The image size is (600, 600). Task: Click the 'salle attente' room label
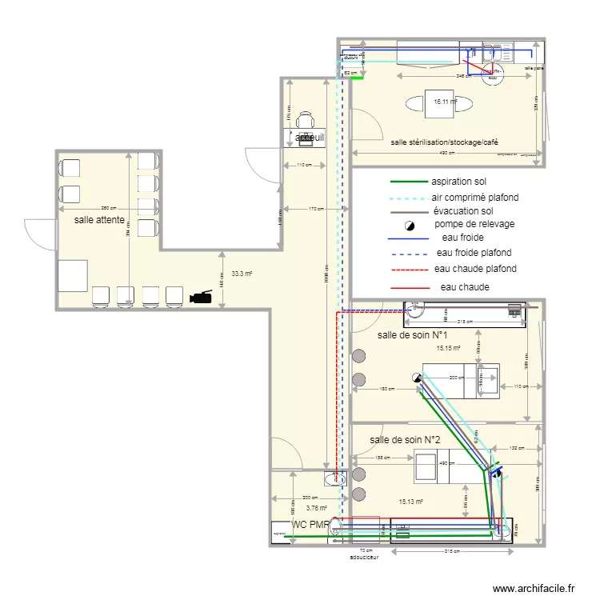(x=99, y=219)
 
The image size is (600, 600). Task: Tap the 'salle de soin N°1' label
(x=413, y=335)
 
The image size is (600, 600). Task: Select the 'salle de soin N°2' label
(x=406, y=440)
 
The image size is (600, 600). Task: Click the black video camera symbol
(x=202, y=297)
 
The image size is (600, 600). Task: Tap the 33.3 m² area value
(x=242, y=274)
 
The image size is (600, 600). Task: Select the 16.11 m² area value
(x=444, y=102)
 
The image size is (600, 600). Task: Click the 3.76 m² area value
(x=317, y=507)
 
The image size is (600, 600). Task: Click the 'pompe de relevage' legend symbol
(x=409, y=225)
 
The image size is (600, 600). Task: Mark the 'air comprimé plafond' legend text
(x=475, y=197)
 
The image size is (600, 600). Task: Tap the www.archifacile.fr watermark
(x=534, y=588)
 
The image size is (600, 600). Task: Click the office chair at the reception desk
(x=306, y=120)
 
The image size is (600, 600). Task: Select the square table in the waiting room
(x=73, y=276)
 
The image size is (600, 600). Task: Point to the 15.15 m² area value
(x=448, y=349)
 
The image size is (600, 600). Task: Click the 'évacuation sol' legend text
(x=463, y=210)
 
